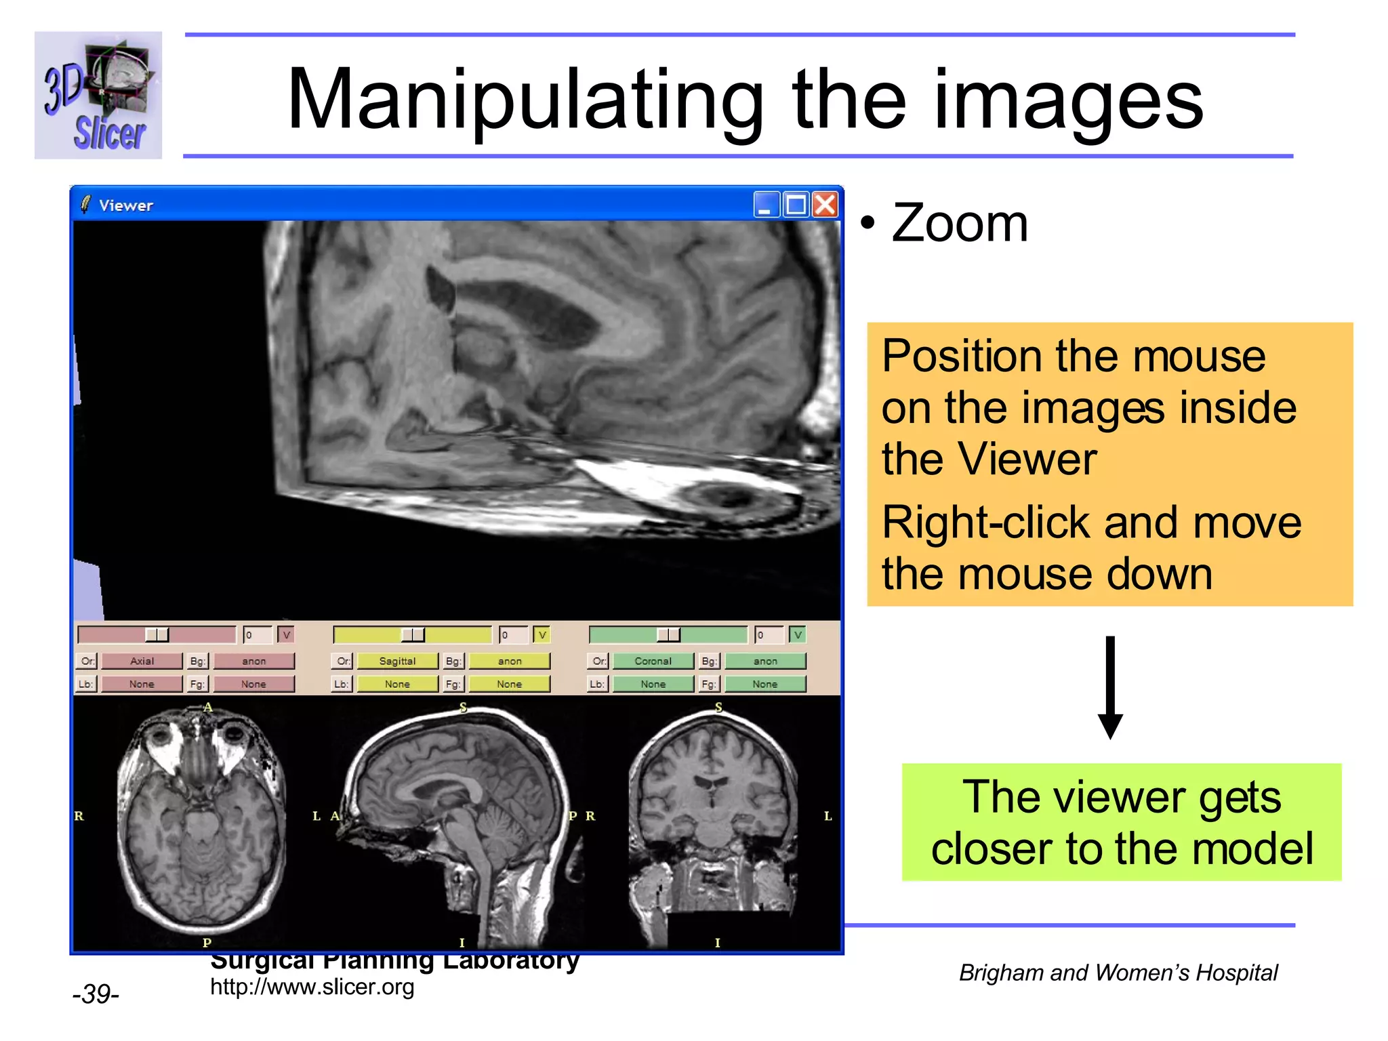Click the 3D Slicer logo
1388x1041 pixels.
point(98,96)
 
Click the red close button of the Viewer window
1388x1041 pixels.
point(825,205)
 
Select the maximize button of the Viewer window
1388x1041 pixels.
point(796,205)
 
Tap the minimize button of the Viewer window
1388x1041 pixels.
point(766,205)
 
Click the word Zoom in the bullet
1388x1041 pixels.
point(960,223)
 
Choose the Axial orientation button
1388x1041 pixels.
point(142,661)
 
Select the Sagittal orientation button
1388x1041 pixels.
point(397,661)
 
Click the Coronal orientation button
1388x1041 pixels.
point(653,661)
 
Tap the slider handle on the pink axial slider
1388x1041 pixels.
point(157,635)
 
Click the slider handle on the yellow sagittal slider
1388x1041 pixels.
point(413,635)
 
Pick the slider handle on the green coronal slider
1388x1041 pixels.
point(668,635)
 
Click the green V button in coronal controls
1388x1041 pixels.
point(798,635)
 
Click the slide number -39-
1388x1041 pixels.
point(96,994)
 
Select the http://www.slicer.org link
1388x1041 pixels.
point(312,987)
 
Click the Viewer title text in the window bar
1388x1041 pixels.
point(126,205)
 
